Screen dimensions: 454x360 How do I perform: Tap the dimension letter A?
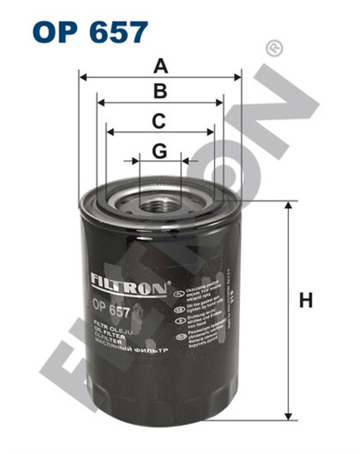click(x=161, y=67)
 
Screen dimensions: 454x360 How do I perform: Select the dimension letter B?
click(x=161, y=92)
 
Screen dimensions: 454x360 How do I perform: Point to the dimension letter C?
click(x=160, y=121)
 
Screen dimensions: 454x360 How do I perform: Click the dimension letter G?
click(x=160, y=151)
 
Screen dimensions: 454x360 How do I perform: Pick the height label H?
click(x=305, y=301)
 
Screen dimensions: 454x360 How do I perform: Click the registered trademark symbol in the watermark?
click(x=270, y=48)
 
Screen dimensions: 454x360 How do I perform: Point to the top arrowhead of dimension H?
click(x=288, y=206)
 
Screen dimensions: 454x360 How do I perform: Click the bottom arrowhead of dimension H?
click(x=288, y=415)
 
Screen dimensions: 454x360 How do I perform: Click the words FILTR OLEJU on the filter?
click(x=110, y=328)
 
